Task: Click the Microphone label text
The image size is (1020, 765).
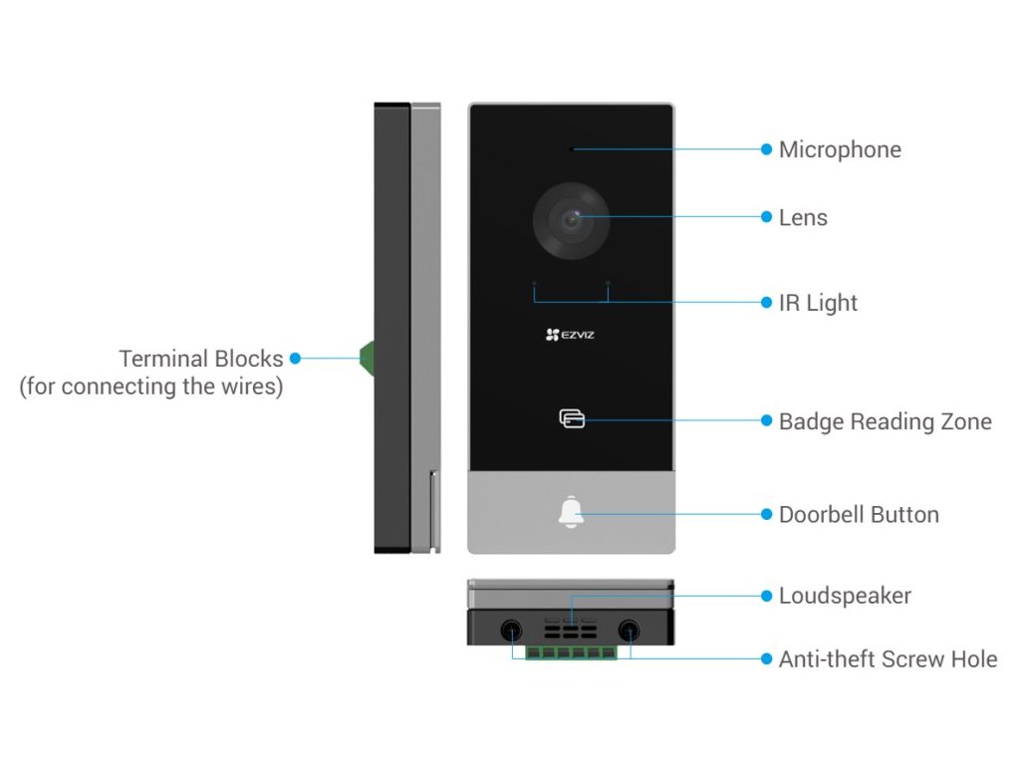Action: coord(840,149)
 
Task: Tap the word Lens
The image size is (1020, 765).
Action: coord(803,217)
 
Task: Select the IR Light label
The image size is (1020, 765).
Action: coord(818,303)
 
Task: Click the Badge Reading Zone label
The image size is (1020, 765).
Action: coord(885,421)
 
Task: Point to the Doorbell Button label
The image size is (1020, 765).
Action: coord(859,515)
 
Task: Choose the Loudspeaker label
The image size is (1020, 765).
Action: coord(845,596)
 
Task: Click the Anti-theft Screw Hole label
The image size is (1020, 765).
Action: coord(888,658)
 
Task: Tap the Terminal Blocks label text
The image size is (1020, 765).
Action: coord(201,359)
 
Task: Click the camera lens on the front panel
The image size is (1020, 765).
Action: coord(571,219)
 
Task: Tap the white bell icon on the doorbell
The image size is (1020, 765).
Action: coord(571,513)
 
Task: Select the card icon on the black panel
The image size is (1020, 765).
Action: coord(571,418)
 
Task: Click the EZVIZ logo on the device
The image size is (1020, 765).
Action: coord(571,336)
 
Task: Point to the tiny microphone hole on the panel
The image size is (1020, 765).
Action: coord(572,149)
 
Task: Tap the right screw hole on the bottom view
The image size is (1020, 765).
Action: coord(630,631)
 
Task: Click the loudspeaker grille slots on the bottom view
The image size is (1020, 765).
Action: coord(571,630)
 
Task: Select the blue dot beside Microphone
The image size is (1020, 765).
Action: coord(766,149)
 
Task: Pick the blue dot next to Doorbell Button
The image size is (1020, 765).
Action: coord(766,515)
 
